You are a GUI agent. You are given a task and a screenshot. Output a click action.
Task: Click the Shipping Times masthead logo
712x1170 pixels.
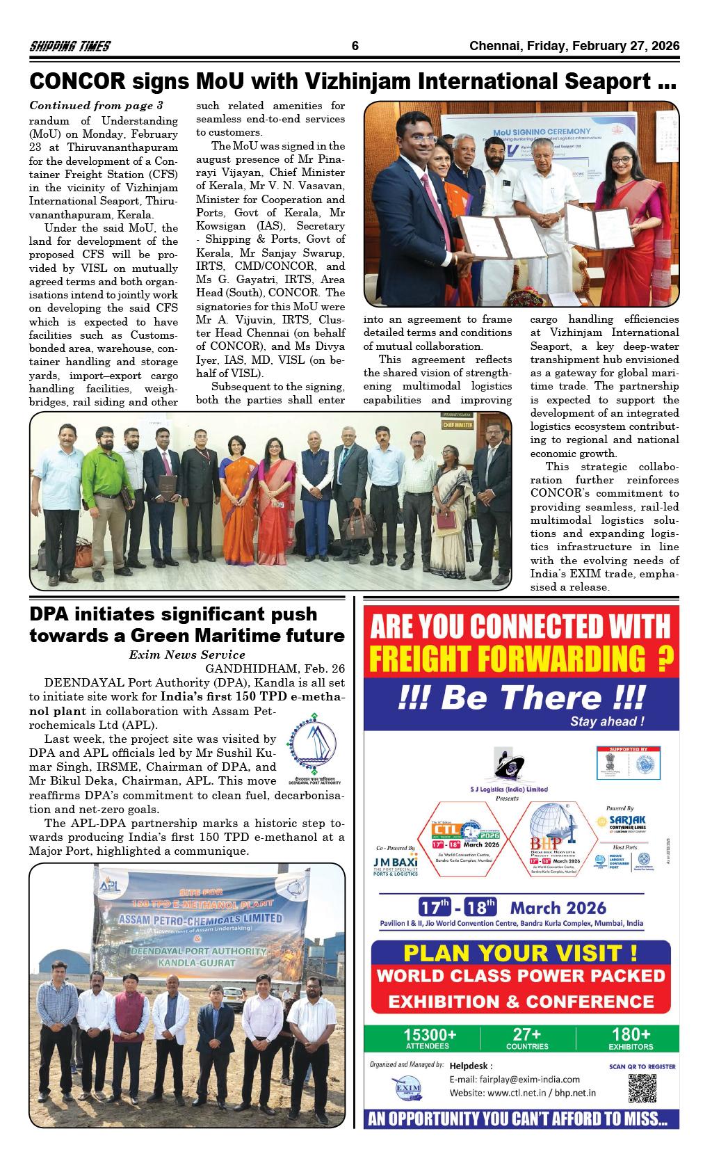tap(70, 47)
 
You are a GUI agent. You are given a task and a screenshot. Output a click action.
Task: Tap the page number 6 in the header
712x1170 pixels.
tap(355, 47)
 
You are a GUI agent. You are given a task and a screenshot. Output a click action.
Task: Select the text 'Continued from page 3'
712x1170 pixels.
tap(96, 106)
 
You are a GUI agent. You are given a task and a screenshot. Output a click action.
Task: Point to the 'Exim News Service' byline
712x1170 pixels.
tap(187, 655)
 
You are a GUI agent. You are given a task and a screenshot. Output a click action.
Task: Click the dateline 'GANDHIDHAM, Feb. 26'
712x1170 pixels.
tap(275, 668)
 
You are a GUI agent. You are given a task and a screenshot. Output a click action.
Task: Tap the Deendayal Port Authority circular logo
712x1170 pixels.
tap(312, 746)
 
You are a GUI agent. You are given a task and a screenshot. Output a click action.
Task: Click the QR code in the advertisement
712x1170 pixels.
tap(642, 1089)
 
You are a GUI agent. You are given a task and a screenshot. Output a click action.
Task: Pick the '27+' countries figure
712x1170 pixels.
tap(526, 1034)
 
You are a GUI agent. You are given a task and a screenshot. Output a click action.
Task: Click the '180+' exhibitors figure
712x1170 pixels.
tap(630, 1034)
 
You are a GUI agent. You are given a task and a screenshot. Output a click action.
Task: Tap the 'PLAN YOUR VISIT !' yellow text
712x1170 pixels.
tap(521, 952)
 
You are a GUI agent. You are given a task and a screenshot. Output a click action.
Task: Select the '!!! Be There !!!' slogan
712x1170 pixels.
tap(521, 698)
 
